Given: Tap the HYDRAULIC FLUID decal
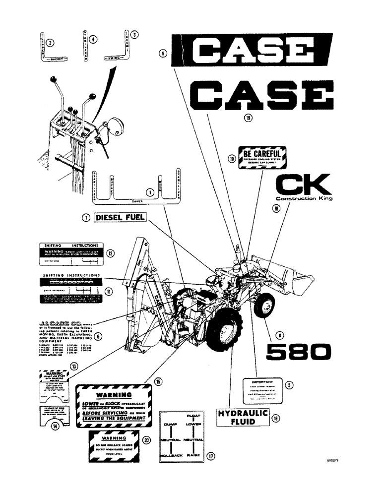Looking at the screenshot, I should pos(243,418).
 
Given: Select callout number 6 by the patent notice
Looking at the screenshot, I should pos(98,336).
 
